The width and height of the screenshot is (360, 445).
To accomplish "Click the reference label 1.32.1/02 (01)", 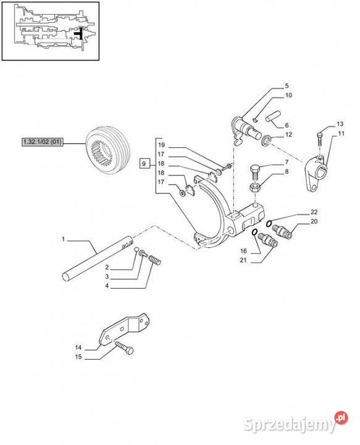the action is [x=42, y=142].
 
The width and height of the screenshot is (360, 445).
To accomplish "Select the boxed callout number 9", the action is [x=144, y=164].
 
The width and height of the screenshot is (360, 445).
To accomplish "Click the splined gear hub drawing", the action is [x=107, y=149].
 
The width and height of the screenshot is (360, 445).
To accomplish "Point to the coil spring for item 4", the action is [x=155, y=260].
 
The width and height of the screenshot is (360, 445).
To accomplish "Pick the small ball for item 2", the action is [x=136, y=249].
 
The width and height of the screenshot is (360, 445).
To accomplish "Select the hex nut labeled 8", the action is [x=254, y=187].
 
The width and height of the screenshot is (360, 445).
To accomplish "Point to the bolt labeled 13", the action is [x=320, y=138].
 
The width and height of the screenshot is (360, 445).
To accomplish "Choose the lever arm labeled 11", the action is [x=317, y=174].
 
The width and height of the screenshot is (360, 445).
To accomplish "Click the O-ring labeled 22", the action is [x=269, y=223].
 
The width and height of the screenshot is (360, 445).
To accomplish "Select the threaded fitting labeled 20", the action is [x=282, y=231].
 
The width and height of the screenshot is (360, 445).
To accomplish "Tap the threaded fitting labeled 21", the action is [x=268, y=240].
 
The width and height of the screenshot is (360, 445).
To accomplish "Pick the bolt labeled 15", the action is [x=124, y=347].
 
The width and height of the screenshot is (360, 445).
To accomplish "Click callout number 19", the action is [x=161, y=145].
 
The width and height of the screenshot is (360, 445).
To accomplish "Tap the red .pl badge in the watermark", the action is [x=341, y=418].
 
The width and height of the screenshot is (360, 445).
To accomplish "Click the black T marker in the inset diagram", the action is [x=80, y=33].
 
